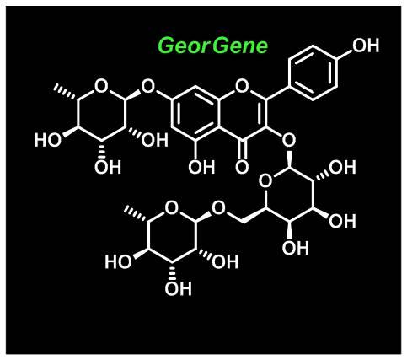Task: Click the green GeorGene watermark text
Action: coord(213,46)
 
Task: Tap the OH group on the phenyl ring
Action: coord(366,46)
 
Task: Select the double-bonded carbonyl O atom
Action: coord(242,167)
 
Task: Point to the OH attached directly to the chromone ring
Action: coord(201,167)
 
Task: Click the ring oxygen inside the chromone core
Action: coord(242,86)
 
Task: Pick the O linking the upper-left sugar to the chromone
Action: coord(148,86)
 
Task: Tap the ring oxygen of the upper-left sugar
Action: coord(101,86)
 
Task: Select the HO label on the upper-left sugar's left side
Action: coord(47,140)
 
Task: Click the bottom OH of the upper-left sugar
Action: coord(108,167)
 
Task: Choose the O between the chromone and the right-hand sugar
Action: coord(289,140)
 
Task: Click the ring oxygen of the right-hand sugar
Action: coord(265,180)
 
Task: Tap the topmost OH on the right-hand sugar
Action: coord(342,167)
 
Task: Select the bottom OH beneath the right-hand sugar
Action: coord(296,248)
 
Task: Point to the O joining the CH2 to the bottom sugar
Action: coord(218,208)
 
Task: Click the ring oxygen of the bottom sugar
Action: coord(172,208)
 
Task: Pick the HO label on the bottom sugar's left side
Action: coord(118,261)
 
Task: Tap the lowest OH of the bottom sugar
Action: coord(179,288)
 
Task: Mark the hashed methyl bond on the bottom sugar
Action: coord(137,213)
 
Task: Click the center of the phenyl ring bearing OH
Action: coord(313,73)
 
